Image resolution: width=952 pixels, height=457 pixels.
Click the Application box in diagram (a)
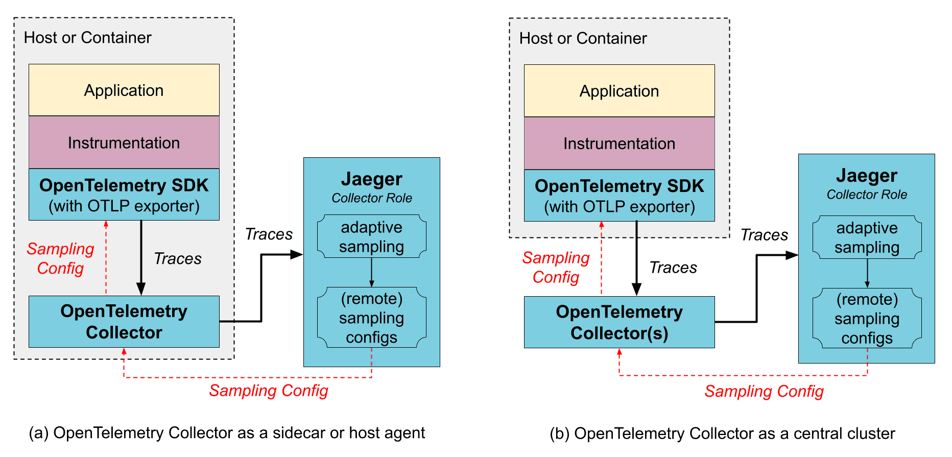[x=124, y=90]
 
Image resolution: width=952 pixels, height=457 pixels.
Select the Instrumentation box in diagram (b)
[x=619, y=143]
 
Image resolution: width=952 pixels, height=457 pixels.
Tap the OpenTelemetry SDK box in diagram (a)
[x=124, y=195]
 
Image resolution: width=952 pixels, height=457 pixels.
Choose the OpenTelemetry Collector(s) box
[x=619, y=322]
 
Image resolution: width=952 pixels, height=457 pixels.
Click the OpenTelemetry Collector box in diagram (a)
[x=124, y=322]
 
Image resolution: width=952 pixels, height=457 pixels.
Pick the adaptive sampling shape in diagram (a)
[x=371, y=236]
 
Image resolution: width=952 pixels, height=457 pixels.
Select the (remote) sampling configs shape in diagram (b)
[x=867, y=319]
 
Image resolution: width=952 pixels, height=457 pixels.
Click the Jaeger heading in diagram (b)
[x=866, y=176]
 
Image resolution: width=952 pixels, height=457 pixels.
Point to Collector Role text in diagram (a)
[x=371, y=198]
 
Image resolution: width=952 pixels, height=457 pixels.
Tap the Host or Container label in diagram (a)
[x=88, y=38]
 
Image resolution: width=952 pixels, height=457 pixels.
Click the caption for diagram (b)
[x=722, y=434]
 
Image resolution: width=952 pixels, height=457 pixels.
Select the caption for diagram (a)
[x=227, y=433]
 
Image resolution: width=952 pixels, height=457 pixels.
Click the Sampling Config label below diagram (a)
[x=269, y=391]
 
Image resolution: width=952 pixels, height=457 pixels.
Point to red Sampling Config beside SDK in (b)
[x=556, y=268]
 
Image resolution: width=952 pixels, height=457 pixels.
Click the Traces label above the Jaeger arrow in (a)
[x=269, y=234]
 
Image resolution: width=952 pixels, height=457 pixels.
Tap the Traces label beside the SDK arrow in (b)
[x=673, y=268]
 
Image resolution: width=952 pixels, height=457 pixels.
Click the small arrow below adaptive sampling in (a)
[x=371, y=273]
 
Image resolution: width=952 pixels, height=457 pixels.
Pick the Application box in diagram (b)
[x=619, y=91]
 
